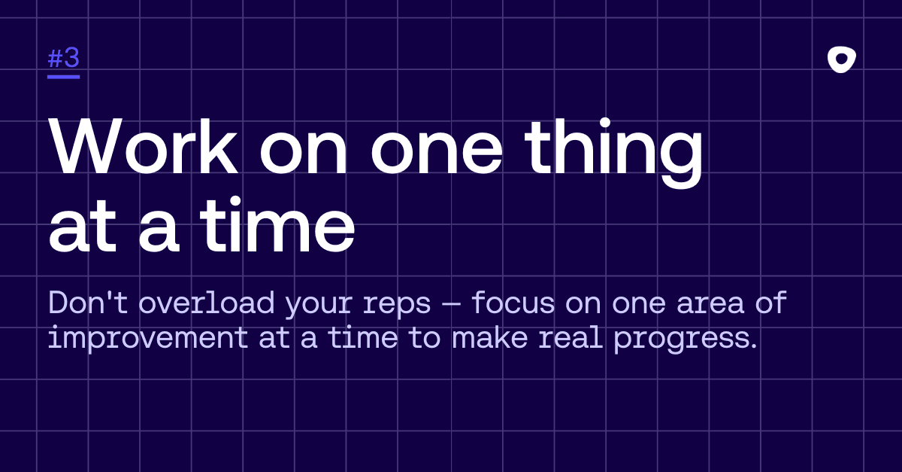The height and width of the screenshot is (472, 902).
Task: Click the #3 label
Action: point(63,58)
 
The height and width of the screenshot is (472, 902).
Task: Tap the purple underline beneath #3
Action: point(63,77)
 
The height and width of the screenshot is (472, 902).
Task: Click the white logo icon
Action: point(842,59)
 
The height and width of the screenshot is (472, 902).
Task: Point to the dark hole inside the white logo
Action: point(841,59)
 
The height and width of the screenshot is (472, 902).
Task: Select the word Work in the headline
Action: point(143,146)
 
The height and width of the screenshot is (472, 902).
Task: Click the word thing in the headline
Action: point(614,153)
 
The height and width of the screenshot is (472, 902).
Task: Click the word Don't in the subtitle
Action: point(88,303)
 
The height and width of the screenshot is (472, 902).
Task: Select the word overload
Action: point(207,303)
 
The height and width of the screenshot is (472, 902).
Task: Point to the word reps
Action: point(397,306)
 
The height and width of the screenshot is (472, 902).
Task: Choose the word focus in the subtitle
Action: point(513,303)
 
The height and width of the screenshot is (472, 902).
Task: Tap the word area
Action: point(710,305)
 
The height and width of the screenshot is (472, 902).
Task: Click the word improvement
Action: point(148,339)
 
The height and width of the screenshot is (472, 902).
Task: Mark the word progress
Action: point(681,341)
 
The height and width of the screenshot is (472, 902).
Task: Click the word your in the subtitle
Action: point(319,306)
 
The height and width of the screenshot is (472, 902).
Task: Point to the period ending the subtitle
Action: point(754,346)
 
